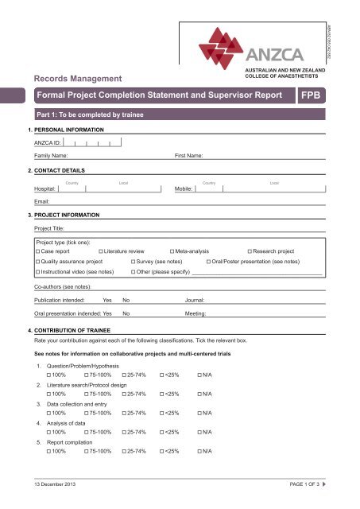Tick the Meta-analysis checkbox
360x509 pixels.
coord(172,251)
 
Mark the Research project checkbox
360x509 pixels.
coord(250,251)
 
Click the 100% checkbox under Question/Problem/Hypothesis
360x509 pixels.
coord(50,374)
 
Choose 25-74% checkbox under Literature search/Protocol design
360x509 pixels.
coord(124,393)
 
